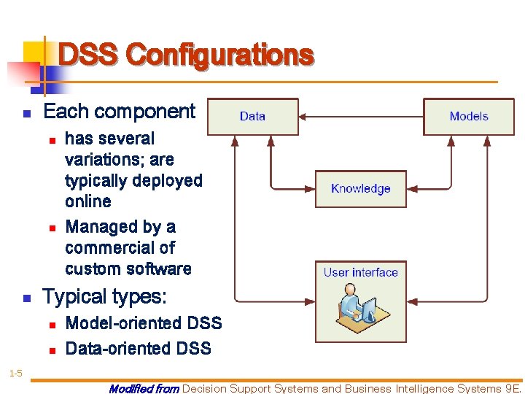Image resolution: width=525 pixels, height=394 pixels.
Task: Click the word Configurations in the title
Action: point(219,55)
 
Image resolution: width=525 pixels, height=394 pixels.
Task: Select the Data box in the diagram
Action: point(252,117)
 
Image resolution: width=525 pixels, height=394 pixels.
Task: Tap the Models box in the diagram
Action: point(469,117)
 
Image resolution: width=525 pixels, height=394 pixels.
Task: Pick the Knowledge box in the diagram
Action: point(360,189)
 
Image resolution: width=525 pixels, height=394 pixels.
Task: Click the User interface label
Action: point(360,273)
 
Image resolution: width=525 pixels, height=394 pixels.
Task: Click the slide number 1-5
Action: point(15,374)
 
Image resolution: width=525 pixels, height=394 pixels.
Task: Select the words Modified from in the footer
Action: point(144,389)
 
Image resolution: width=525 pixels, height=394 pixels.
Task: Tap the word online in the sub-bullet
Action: point(88,201)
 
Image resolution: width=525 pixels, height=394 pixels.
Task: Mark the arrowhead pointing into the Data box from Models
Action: point(303,117)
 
